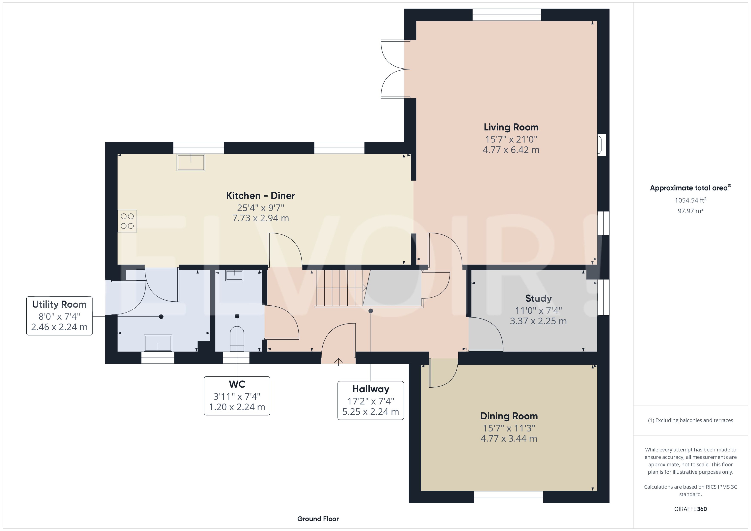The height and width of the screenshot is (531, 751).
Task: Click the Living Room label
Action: coord(511,127)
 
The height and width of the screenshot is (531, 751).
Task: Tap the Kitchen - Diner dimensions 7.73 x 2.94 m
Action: coord(260,218)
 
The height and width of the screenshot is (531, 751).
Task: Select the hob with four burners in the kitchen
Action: coord(127,221)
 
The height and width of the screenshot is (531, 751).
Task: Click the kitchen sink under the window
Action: coord(191,162)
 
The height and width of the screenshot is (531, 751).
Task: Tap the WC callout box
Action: coord(237,396)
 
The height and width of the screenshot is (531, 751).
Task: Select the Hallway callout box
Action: coord(370,400)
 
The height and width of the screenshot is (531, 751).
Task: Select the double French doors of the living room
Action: coord(395,69)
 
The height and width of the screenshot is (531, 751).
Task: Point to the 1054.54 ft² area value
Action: coord(690,200)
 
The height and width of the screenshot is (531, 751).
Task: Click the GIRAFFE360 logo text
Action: coord(690,509)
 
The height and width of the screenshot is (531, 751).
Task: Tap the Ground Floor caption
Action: coord(318,519)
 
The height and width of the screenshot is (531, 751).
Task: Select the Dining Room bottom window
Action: coord(508,497)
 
